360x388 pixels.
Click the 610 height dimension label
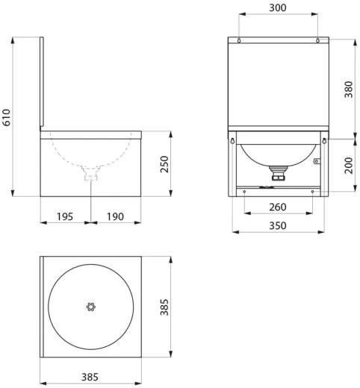click(x=7, y=117)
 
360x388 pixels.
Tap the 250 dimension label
click(x=164, y=164)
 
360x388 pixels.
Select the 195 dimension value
click(x=65, y=216)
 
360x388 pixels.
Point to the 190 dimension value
click(x=115, y=216)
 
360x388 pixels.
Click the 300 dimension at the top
click(x=278, y=7)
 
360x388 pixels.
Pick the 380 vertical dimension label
click(x=349, y=90)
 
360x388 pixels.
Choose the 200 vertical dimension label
click(x=349, y=166)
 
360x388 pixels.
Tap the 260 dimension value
click(x=278, y=207)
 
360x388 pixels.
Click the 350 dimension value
click(x=278, y=226)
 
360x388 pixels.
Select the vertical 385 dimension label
click(x=164, y=307)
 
